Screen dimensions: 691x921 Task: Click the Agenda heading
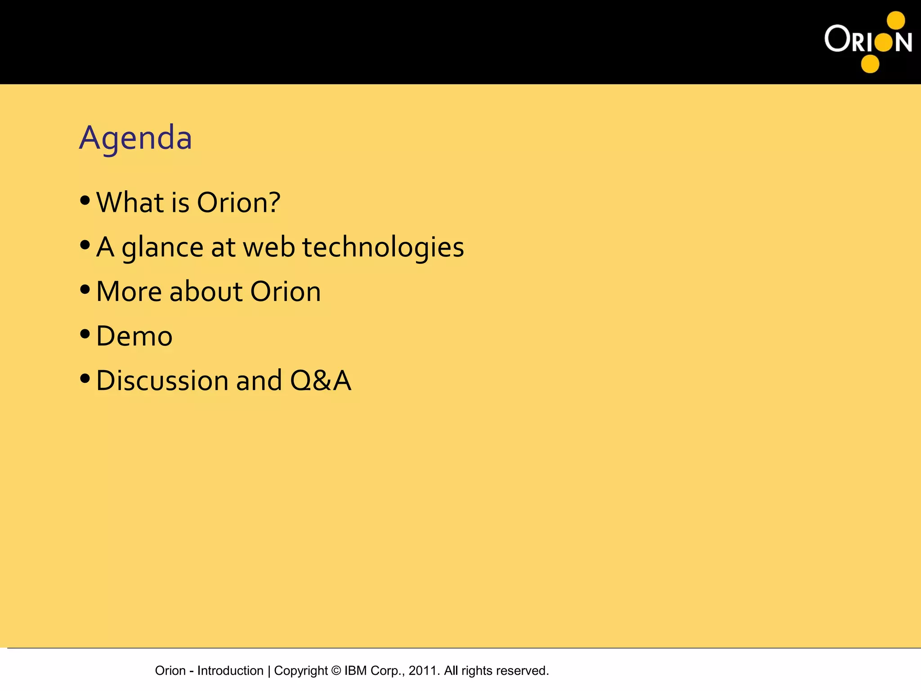click(135, 138)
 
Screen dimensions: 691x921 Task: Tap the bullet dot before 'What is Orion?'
click(85, 201)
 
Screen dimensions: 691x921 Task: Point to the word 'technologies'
click(383, 247)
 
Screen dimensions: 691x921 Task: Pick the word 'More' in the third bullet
click(129, 292)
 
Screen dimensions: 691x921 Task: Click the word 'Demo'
click(134, 336)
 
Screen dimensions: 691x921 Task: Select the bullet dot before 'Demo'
click(85, 334)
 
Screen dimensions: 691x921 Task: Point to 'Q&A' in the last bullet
click(320, 381)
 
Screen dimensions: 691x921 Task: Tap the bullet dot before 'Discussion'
click(85, 379)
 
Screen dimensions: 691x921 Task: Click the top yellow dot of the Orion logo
click(896, 20)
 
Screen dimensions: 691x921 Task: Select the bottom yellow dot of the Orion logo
click(870, 64)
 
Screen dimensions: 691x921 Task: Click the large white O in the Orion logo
click(837, 39)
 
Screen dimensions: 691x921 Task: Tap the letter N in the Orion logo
click(903, 42)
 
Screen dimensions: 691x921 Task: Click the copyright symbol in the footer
click(336, 670)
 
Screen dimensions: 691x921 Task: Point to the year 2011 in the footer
click(422, 670)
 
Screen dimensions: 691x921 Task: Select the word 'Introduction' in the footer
click(230, 670)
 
